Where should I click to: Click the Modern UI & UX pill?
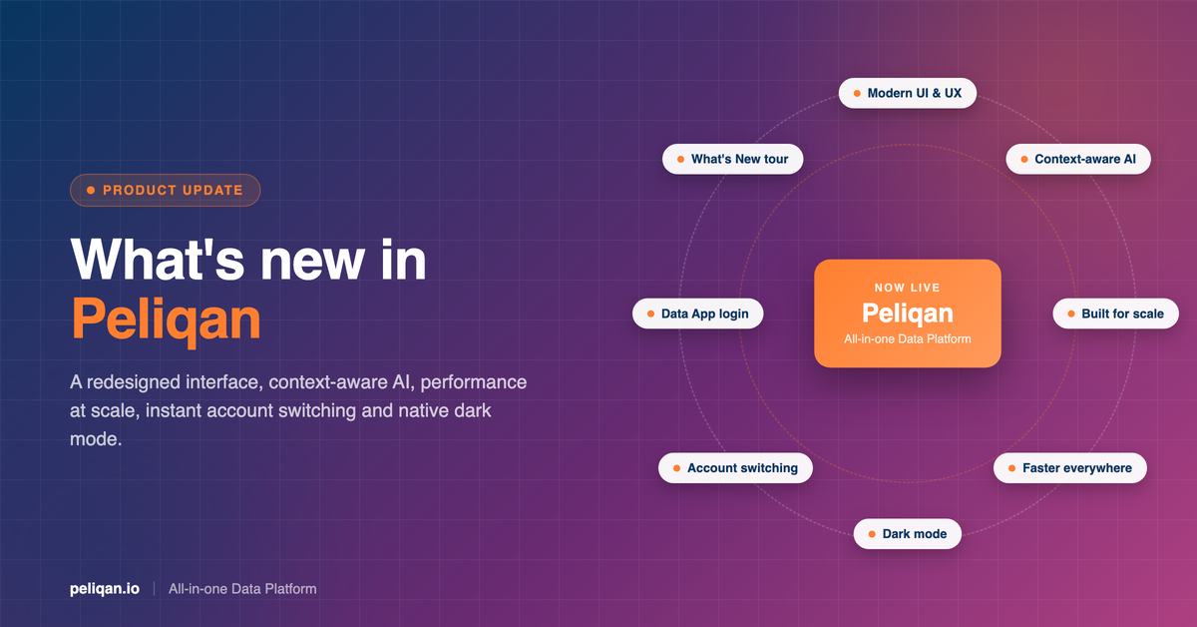pos(908,93)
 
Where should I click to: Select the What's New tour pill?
pos(732,159)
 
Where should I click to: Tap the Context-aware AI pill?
pos(1078,159)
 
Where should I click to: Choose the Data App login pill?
pos(698,313)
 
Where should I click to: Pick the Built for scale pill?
pos(1116,313)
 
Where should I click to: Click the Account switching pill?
pos(735,468)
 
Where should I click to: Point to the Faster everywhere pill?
pos(1070,468)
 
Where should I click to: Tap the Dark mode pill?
pos(908,534)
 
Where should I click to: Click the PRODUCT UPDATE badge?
pos(166,190)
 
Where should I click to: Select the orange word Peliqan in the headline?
pos(167,319)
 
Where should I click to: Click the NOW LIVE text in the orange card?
pos(908,288)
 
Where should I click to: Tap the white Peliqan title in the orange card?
pos(908,313)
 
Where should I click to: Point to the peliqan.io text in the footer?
pos(105,589)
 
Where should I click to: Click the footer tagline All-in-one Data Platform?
pos(242,589)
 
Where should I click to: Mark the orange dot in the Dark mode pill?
pos(872,534)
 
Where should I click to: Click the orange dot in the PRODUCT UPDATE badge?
pos(91,190)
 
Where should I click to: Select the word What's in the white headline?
pos(158,260)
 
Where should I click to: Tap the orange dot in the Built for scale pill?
pos(1071,313)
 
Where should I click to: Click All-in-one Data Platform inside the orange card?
pos(908,339)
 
